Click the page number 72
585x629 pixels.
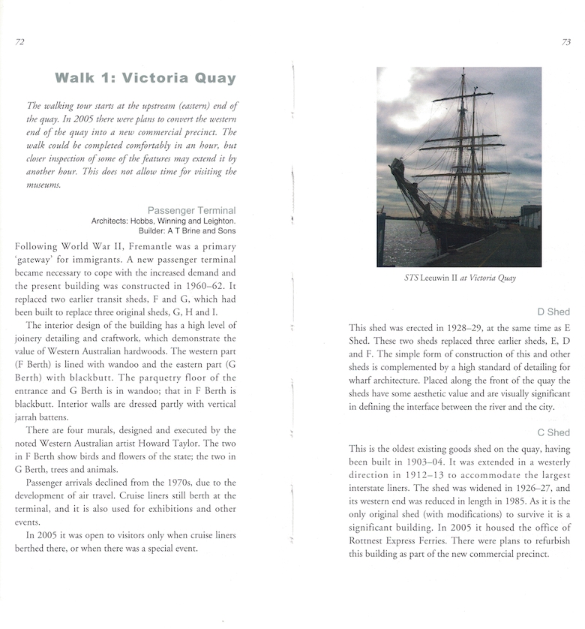pyautogui.click(x=20, y=42)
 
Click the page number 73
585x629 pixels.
pyautogui.click(x=565, y=42)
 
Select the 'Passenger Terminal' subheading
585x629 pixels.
pyautogui.click(x=191, y=210)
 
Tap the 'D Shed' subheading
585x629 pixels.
pyautogui.click(x=553, y=311)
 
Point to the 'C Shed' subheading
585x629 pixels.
pyautogui.click(x=553, y=432)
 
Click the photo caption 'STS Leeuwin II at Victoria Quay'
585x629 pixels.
pyautogui.click(x=459, y=278)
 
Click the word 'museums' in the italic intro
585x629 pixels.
pyautogui.click(x=46, y=185)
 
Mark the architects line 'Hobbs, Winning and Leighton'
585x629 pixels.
pyautogui.click(x=183, y=221)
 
